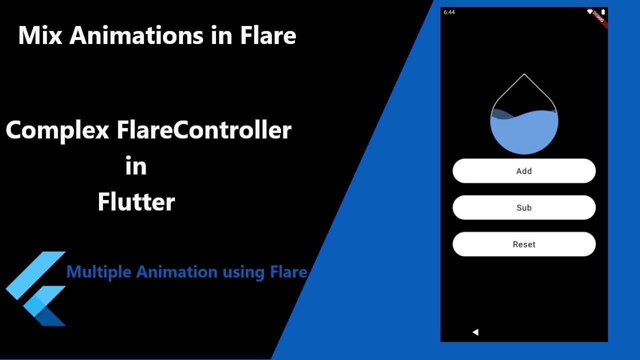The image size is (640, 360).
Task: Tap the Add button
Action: coord(524,171)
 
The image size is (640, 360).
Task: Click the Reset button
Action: coord(524,244)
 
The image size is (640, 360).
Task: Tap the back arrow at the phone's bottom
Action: coord(475,332)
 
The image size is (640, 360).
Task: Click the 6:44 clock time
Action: coord(449,12)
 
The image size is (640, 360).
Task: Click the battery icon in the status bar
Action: coord(603,12)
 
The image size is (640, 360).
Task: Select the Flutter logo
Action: coord(36,288)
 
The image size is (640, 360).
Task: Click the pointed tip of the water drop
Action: coord(524,74)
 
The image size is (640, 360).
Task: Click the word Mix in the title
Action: coord(40,35)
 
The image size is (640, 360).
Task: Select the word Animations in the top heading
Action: coord(136,35)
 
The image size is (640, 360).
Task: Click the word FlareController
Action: coord(204,130)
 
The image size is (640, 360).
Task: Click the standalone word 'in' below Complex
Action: coord(136,165)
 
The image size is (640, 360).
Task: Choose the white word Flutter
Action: coord(136,201)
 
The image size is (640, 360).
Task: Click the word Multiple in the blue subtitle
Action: coord(99,272)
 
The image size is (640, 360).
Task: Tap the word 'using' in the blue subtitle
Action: coord(243,272)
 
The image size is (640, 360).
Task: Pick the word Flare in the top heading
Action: coord(268,35)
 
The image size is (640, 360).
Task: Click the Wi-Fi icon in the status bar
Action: coord(589,11)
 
